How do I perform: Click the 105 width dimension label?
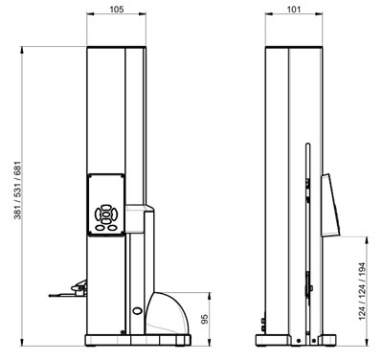[117, 9]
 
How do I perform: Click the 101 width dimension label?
[294, 9]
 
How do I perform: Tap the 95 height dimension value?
[205, 319]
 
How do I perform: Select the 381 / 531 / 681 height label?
[17, 191]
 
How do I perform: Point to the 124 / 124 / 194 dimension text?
[362, 291]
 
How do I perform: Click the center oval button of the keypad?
[106, 214]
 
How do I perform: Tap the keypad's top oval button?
[106, 208]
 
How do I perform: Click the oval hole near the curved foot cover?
[138, 310]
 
